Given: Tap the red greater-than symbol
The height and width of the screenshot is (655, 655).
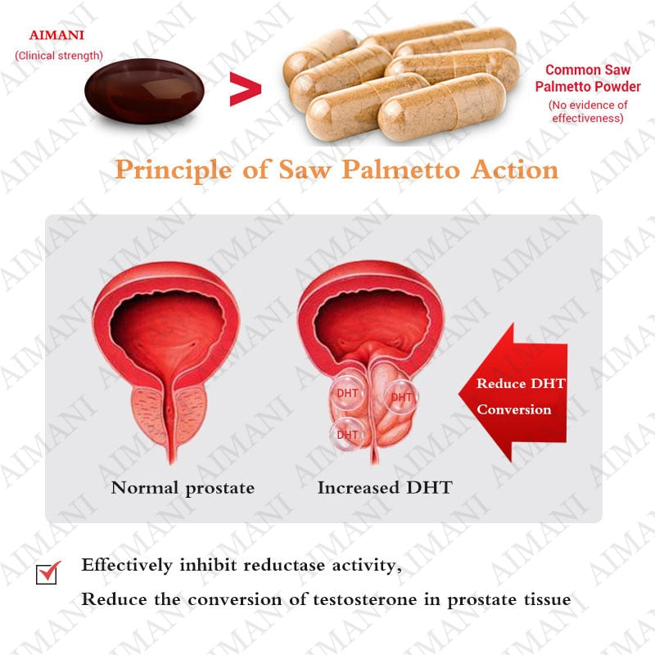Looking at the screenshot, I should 244,91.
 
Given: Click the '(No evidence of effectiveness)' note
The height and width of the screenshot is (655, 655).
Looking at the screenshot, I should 587,111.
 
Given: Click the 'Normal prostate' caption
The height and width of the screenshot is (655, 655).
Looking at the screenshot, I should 183,488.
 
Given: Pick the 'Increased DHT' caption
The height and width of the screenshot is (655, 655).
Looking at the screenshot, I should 384,488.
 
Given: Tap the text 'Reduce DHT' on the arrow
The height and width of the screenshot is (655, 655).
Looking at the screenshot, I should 521,383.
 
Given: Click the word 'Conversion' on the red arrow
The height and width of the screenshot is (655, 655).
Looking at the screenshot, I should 514,409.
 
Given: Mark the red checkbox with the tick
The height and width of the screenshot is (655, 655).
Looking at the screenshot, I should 49,572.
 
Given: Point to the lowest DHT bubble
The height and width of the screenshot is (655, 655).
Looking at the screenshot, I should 347,434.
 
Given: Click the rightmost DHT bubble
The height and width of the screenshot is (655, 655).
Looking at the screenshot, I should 401,397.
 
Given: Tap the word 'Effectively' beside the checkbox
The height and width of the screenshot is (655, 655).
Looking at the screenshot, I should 126,565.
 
